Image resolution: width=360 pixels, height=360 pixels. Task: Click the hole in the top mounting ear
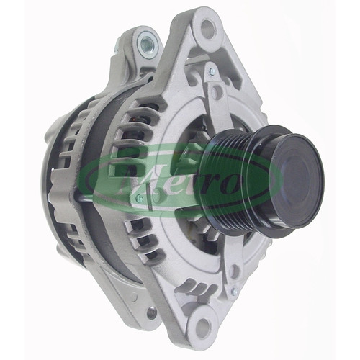point(207,29)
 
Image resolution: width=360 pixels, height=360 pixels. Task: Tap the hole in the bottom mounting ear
point(202,325)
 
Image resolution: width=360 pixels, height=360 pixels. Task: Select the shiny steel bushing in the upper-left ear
point(148,44)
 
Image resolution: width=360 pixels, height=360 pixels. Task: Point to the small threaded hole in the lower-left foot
point(151,312)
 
